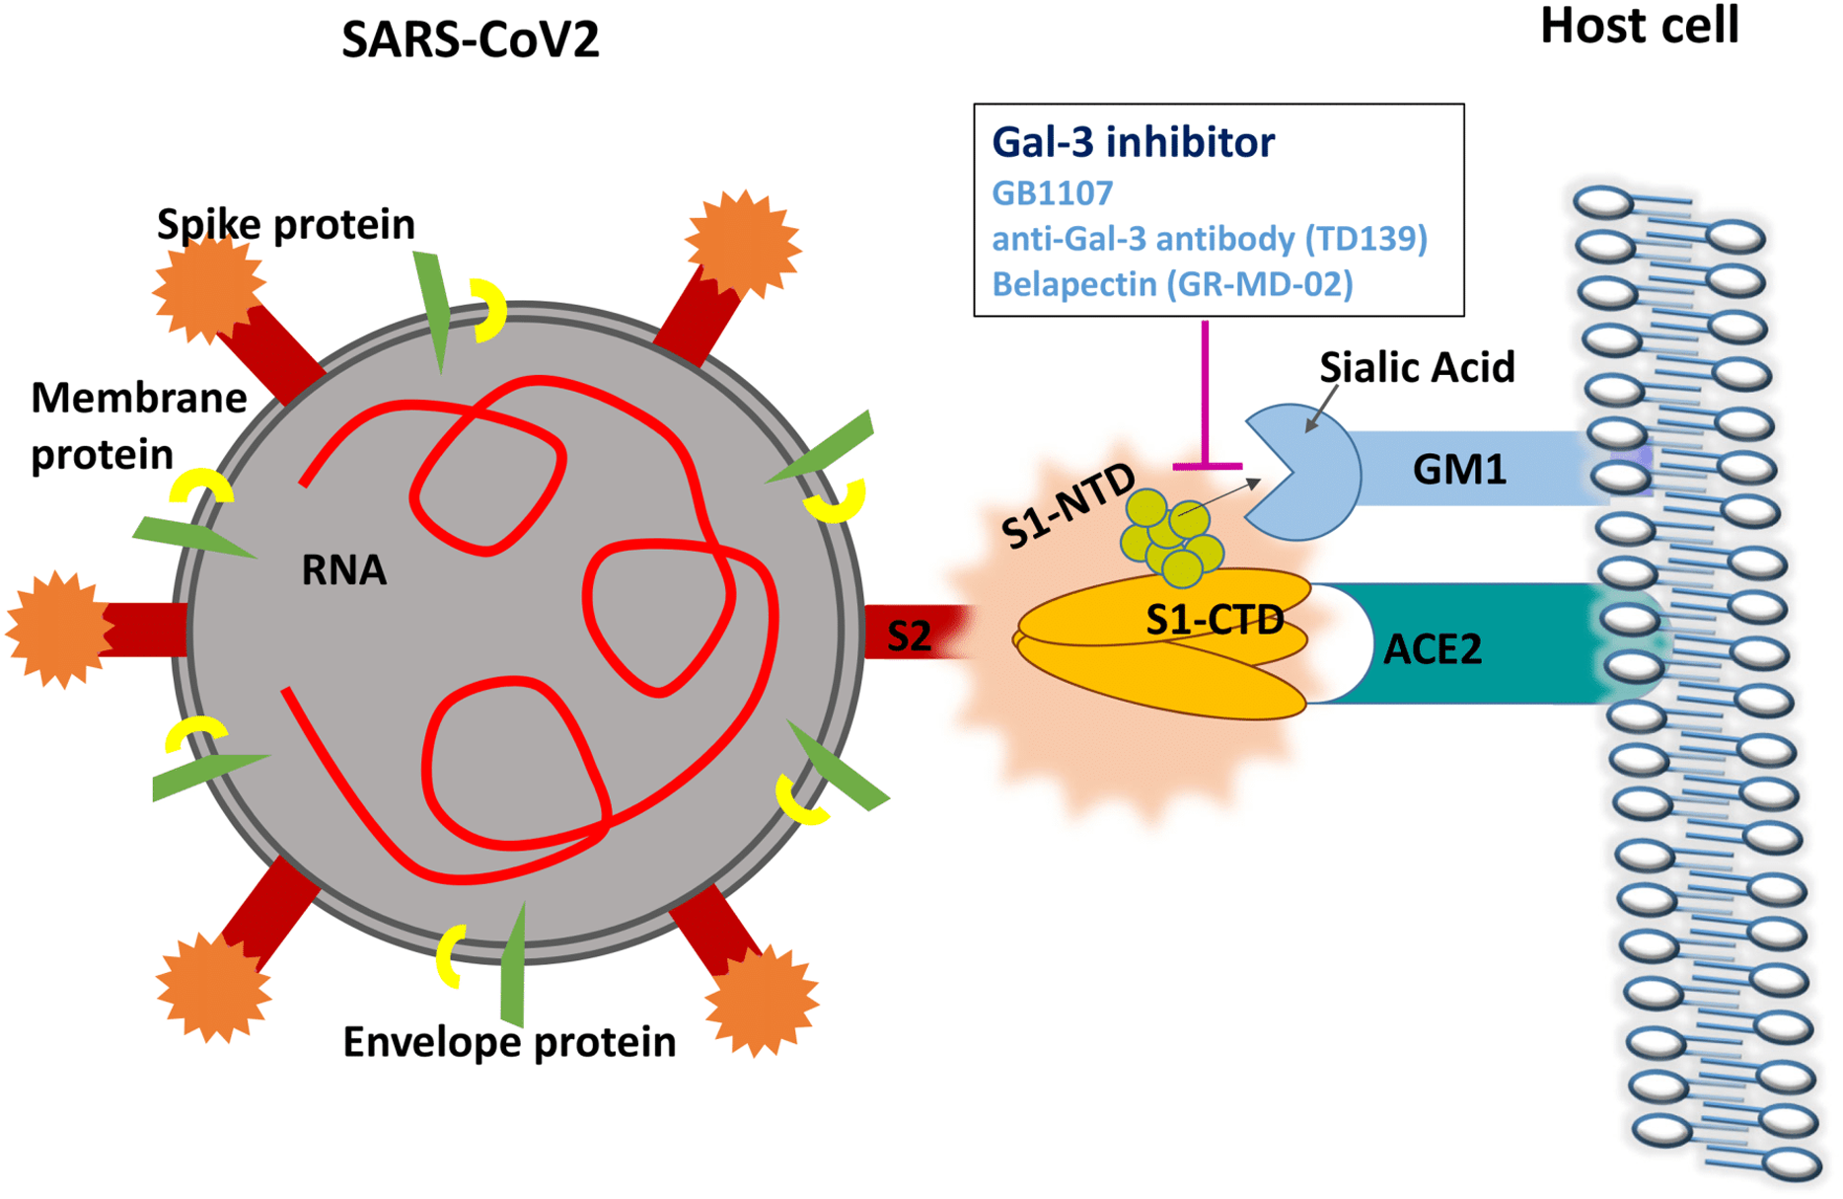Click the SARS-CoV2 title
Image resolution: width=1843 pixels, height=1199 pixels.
click(470, 40)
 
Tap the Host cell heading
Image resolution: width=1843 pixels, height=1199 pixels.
click(1639, 26)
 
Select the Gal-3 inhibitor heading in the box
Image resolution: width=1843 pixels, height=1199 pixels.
click(1133, 142)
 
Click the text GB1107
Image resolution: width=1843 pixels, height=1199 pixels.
click(1052, 193)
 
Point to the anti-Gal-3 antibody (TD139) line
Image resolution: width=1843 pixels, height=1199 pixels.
click(1209, 239)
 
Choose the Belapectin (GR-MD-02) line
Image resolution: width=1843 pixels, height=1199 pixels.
click(1171, 284)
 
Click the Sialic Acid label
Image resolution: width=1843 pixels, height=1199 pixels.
click(1417, 368)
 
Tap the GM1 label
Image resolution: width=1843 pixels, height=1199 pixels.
click(1459, 470)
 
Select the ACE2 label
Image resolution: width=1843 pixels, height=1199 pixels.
click(1433, 649)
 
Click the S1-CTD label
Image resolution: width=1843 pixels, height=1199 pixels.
click(1215, 620)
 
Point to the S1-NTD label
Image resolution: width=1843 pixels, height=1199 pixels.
click(1068, 505)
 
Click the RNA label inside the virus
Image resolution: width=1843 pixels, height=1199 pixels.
click(343, 570)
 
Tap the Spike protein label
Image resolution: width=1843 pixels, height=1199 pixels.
click(286, 225)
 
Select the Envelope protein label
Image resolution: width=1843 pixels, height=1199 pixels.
click(509, 1042)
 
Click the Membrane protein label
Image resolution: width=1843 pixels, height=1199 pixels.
click(138, 426)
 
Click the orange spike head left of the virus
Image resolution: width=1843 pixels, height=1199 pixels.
click(57, 629)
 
